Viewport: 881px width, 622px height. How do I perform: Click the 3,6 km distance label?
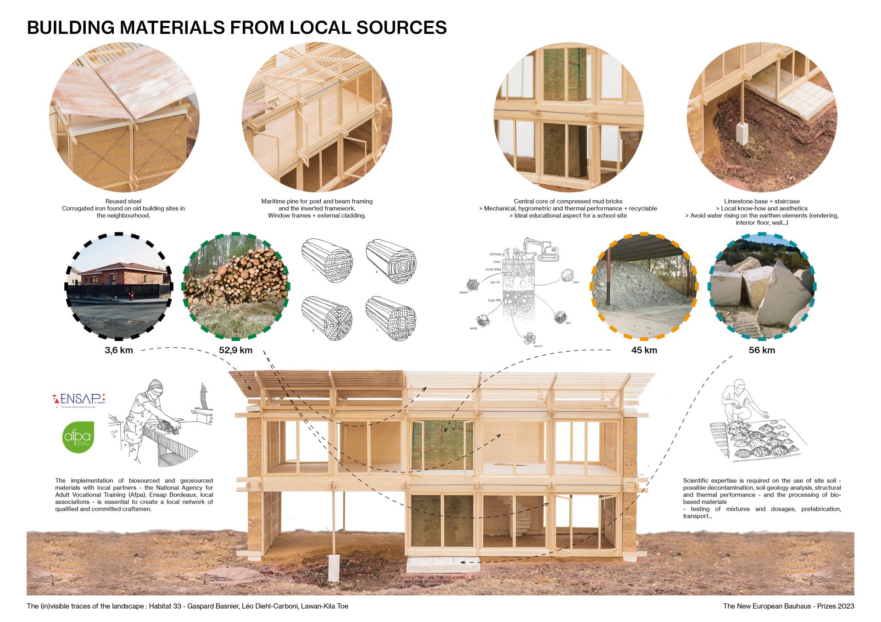[119, 351]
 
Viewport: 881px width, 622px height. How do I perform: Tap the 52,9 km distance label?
[235, 351]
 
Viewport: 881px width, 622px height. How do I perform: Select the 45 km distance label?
[644, 351]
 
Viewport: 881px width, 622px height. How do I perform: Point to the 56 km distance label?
[762, 351]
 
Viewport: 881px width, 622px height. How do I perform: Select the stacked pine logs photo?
[236, 286]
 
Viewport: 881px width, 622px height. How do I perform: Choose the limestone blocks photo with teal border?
[762, 286]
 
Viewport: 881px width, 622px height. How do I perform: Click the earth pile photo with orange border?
[643, 286]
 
